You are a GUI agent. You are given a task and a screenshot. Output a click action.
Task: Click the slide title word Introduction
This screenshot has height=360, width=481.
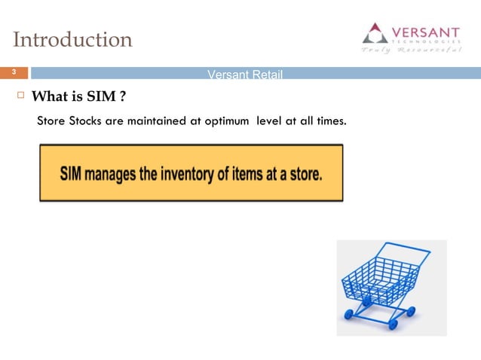[73, 39]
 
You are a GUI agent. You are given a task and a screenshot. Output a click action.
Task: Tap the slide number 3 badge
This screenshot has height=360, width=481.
[13, 73]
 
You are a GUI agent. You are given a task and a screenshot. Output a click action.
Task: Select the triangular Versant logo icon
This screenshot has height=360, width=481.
[375, 33]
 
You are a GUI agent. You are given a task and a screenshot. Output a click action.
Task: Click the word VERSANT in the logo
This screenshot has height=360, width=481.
[427, 32]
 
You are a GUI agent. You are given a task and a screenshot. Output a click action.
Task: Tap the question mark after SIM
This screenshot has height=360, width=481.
[121, 97]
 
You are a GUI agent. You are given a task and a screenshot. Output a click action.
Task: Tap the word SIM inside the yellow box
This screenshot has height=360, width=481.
[72, 173]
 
